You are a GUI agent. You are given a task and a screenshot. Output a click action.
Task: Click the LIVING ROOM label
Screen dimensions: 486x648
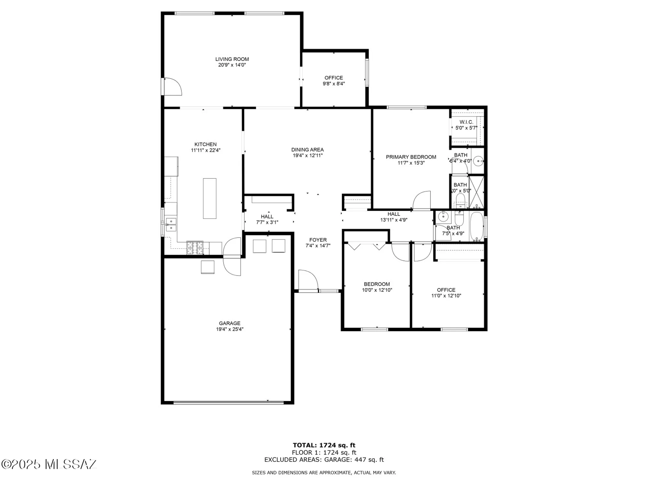(232, 59)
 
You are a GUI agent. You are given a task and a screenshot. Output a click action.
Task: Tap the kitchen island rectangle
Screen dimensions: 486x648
(210, 198)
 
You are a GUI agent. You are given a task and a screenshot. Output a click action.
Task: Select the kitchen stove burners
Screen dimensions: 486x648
(195, 248)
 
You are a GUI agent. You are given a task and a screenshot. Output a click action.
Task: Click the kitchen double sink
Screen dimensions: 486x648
(171, 225)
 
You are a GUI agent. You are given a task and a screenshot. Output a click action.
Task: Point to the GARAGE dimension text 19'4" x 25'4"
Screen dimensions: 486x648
(230, 329)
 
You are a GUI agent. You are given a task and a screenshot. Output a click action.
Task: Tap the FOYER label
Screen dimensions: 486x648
(318, 240)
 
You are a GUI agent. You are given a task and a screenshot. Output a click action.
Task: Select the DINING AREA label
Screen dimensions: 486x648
(307, 150)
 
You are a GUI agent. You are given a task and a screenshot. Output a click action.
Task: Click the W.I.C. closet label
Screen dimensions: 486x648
(466, 122)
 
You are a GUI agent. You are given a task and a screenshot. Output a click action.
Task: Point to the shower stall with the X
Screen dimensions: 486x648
(476, 192)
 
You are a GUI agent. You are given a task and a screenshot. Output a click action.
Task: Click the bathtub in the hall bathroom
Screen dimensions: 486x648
(477, 226)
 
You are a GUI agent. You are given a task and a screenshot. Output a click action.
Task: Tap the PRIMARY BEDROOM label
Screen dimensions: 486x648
(411, 157)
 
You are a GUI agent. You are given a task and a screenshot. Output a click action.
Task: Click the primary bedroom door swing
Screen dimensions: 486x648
(422, 201)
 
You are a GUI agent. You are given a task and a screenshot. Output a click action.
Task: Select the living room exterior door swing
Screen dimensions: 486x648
(173, 87)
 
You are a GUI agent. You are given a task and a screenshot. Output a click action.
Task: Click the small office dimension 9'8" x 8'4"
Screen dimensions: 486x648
(334, 84)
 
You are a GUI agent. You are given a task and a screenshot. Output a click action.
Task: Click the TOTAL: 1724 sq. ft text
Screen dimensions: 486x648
(324, 445)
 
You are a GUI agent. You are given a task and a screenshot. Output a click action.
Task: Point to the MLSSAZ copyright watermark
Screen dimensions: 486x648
(49, 464)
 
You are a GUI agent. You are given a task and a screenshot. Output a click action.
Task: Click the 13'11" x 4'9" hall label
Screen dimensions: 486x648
(394, 220)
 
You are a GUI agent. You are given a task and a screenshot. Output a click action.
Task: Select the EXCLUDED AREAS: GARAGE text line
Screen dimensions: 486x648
(324, 459)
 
